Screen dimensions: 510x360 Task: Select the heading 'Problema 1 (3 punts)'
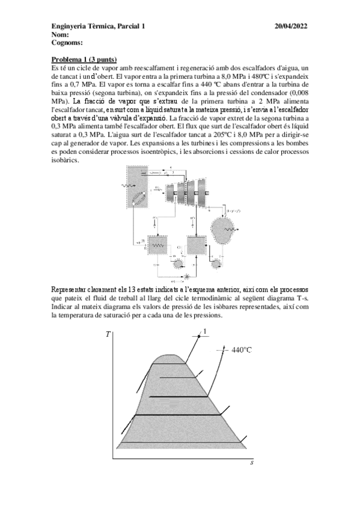tap(84, 60)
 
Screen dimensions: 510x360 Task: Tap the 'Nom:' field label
tap(61, 34)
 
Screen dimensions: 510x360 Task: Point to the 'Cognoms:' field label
tap(67, 43)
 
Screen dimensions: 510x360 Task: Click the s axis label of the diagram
tap(251, 462)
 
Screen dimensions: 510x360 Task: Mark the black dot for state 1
tap(198, 333)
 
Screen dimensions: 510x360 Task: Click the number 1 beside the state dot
tap(205, 331)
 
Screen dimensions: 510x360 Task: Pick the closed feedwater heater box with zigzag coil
tap(157, 245)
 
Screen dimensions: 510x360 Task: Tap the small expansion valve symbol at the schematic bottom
tap(186, 276)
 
